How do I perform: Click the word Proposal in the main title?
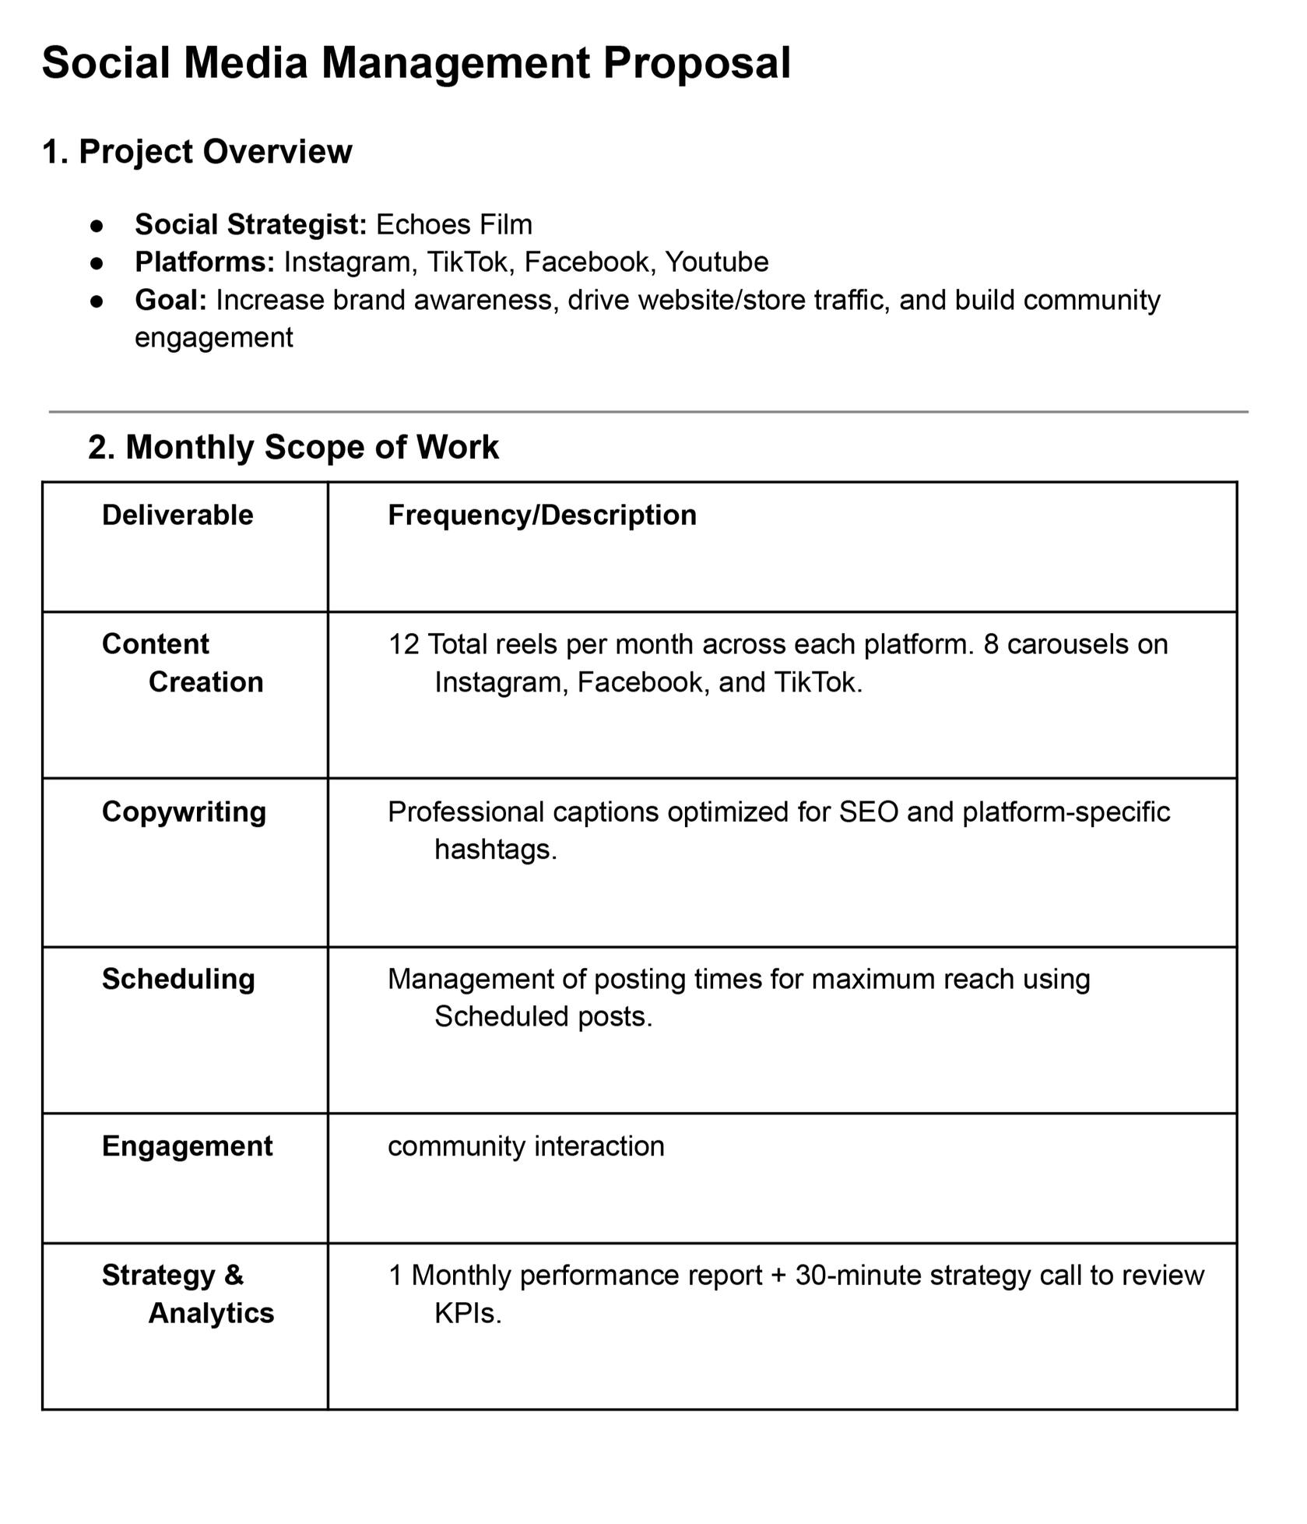697,63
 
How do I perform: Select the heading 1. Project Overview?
197,152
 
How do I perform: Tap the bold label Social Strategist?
251,225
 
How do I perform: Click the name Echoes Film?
454,225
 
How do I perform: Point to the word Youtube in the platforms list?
716,262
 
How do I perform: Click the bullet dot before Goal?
97,301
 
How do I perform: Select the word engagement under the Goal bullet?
214,338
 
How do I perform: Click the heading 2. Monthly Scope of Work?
293,448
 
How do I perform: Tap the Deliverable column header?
177,516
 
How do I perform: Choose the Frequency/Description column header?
542,516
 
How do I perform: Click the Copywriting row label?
184,812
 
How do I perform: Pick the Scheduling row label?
178,980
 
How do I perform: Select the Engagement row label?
187,1146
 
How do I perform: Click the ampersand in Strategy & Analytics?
234,1276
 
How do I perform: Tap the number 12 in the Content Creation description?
403,645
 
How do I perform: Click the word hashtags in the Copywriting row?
495,850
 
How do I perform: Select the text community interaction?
525,1146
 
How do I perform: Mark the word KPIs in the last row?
467,1314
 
